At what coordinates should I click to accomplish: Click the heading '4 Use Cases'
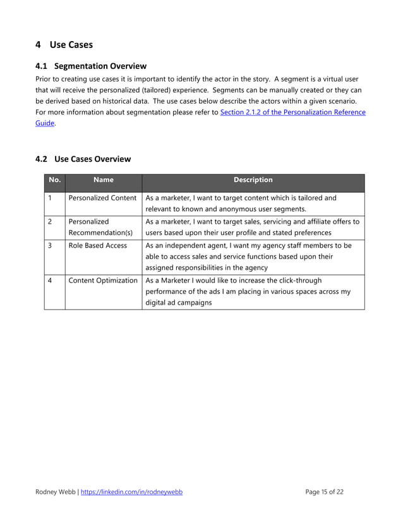click(x=64, y=45)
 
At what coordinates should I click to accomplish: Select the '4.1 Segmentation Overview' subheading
click(x=91, y=66)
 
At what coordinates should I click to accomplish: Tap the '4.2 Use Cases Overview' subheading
click(x=83, y=159)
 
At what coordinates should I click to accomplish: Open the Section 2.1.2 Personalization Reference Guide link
click(x=292, y=112)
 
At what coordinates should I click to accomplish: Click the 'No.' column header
click(x=54, y=180)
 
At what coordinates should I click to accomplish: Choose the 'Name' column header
click(x=103, y=180)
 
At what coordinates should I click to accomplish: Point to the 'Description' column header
click(x=253, y=180)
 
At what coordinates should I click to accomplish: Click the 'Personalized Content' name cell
click(x=102, y=198)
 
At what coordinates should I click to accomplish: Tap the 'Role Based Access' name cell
click(x=97, y=245)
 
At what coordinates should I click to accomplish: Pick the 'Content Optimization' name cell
click(x=102, y=280)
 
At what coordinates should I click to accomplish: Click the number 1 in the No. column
click(x=50, y=198)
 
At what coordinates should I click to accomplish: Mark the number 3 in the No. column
click(x=50, y=245)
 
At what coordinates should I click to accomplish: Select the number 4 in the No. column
click(x=50, y=280)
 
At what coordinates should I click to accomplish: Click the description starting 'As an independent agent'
click(x=248, y=256)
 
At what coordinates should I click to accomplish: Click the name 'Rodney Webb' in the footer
click(x=55, y=492)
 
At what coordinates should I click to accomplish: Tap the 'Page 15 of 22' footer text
click(x=324, y=492)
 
